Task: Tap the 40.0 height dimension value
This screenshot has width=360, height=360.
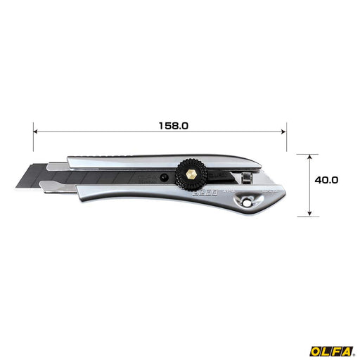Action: tap(326, 179)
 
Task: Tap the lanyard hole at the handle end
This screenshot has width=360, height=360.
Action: tap(247, 201)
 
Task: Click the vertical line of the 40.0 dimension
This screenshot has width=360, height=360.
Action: tap(309, 184)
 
